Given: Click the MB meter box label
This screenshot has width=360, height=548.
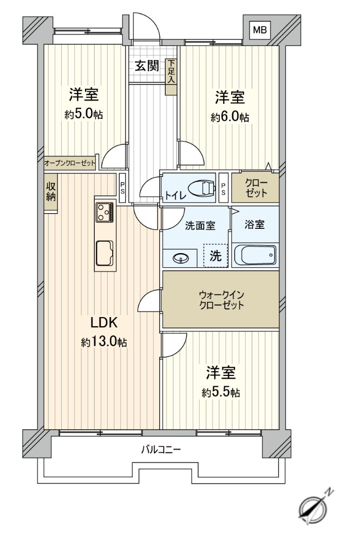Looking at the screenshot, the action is coord(260,30).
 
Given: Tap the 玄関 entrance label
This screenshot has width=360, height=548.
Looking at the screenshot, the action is coord(147,65).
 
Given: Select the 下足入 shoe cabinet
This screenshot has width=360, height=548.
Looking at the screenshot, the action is coord(171,76).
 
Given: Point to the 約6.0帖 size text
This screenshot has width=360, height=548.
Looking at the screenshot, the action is coord(230,117).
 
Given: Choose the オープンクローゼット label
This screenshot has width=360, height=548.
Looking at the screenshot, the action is coord(70,163).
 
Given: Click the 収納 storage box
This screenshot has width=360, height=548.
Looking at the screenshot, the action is coord(51,193).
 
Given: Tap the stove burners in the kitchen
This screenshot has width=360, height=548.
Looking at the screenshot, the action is coord(105,212).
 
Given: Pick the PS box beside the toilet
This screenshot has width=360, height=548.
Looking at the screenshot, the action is coord(223,188).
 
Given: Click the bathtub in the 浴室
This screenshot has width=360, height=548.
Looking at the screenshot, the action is coord(256,255).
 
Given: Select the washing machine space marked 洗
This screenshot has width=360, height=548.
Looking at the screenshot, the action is coord(215,256).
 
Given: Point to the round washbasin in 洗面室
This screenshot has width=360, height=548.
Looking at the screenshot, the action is coord(181,259).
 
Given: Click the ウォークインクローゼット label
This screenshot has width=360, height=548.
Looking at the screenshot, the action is coord(221,300).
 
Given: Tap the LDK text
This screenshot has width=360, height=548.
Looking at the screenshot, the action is coord(103,323).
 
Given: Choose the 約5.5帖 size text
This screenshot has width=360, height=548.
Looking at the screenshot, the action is coord(220,393).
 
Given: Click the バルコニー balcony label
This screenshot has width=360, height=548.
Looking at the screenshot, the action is coord(161,449).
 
